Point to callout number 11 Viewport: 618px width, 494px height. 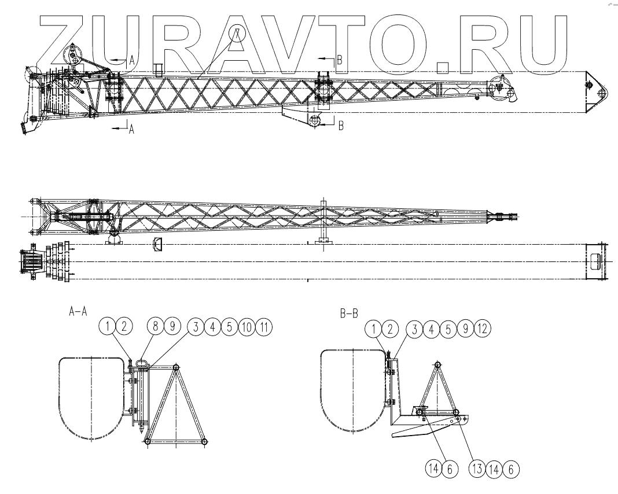tap(264, 327)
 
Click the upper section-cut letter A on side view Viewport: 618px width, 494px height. tap(131, 60)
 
